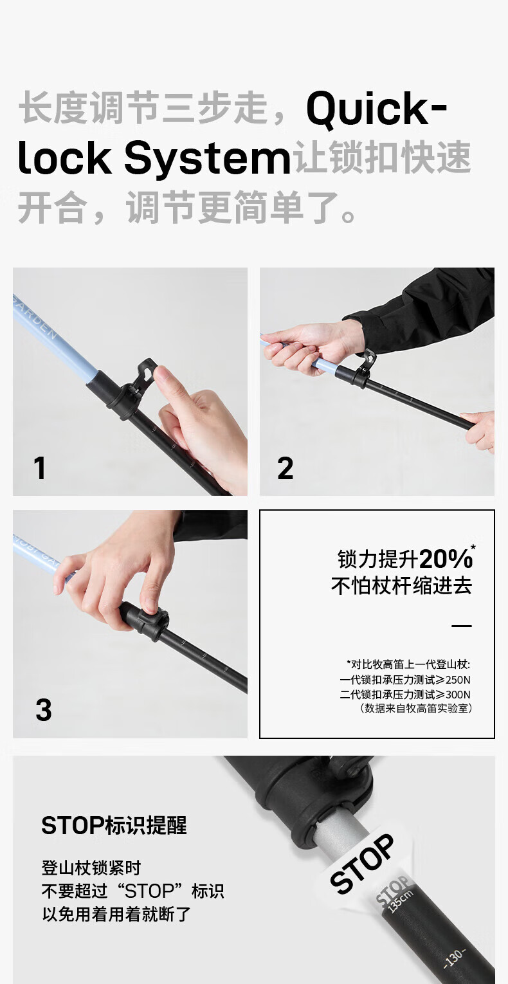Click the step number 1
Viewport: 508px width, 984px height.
pos(39,468)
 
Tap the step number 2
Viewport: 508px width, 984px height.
pos(286,468)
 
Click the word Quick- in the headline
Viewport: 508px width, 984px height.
pos(376,108)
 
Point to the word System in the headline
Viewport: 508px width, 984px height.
pos(207,158)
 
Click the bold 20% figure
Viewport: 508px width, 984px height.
pos(446,559)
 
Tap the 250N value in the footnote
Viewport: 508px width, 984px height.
pos(457,680)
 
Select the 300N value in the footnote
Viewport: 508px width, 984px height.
pos(457,694)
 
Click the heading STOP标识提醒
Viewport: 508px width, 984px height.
pos(114,825)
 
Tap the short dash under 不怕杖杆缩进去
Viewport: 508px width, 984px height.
pos(462,626)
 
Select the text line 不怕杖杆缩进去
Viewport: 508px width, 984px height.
pos(401,586)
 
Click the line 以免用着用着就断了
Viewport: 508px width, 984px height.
pos(116,914)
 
